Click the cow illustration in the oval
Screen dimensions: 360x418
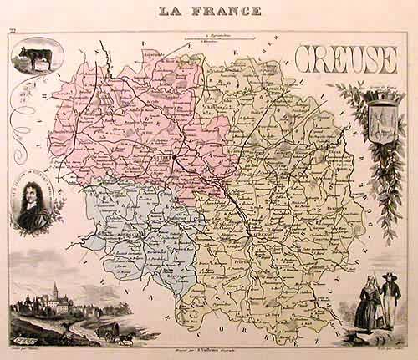36,60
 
